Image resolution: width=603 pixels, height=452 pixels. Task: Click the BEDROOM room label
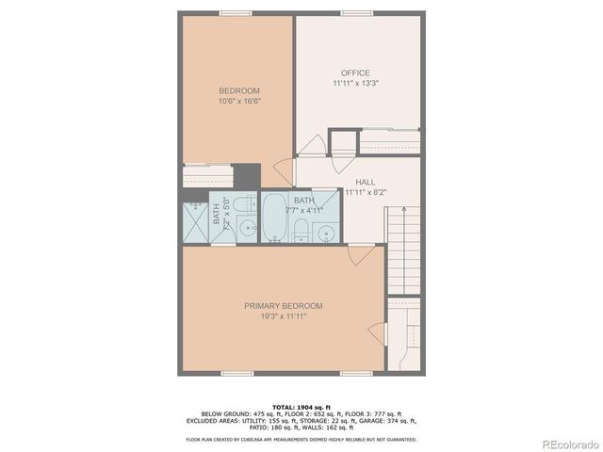(x=239, y=90)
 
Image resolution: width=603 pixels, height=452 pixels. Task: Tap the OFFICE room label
(x=355, y=73)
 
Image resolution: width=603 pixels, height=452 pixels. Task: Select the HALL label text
(x=367, y=182)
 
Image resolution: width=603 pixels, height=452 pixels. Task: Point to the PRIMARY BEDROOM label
(x=284, y=305)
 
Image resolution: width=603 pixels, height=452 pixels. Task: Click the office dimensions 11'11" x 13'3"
(x=355, y=83)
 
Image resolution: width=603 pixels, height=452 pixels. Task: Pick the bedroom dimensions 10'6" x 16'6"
(x=239, y=101)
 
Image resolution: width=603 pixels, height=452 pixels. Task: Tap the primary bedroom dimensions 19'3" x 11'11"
(x=284, y=315)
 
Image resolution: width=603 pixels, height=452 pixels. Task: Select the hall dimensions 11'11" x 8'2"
(x=367, y=192)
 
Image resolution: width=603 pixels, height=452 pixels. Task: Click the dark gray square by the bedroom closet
(x=247, y=174)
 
